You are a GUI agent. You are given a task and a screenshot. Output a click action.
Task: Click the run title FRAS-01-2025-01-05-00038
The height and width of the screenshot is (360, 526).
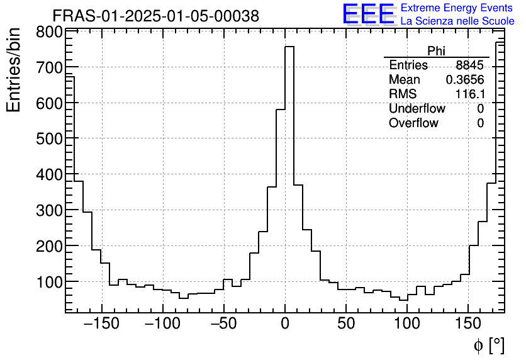(x=155, y=16)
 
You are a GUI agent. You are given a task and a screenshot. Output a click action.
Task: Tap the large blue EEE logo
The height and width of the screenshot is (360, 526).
(x=368, y=14)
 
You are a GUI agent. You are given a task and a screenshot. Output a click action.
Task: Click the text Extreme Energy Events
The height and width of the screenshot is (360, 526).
(x=457, y=8)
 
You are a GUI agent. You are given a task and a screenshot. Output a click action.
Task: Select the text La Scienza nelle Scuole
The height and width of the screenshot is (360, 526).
(x=457, y=21)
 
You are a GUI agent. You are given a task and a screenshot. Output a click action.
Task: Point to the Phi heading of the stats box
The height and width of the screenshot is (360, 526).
(x=436, y=52)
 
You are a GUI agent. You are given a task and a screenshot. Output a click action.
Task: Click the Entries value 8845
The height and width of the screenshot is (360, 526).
(x=470, y=65)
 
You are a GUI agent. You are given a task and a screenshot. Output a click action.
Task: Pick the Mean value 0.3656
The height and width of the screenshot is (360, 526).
(x=465, y=80)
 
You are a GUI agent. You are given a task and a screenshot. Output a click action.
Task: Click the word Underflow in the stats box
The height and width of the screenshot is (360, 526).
(x=417, y=109)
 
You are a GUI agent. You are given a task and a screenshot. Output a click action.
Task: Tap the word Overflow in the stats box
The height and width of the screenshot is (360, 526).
(x=413, y=123)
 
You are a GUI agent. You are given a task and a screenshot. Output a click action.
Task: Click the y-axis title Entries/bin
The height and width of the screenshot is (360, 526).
(x=14, y=70)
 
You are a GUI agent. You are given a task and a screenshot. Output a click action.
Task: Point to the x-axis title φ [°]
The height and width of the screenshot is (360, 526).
(x=488, y=345)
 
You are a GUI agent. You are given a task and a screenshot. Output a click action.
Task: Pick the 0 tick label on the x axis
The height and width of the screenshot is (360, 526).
(x=285, y=325)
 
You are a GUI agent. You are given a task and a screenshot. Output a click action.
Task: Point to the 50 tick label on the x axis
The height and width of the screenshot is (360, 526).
(x=346, y=325)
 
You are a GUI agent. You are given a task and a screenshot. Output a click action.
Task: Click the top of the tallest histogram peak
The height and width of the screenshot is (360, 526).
(x=289, y=47)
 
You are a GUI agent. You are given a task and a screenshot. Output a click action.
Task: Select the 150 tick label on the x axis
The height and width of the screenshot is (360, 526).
(x=468, y=325)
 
